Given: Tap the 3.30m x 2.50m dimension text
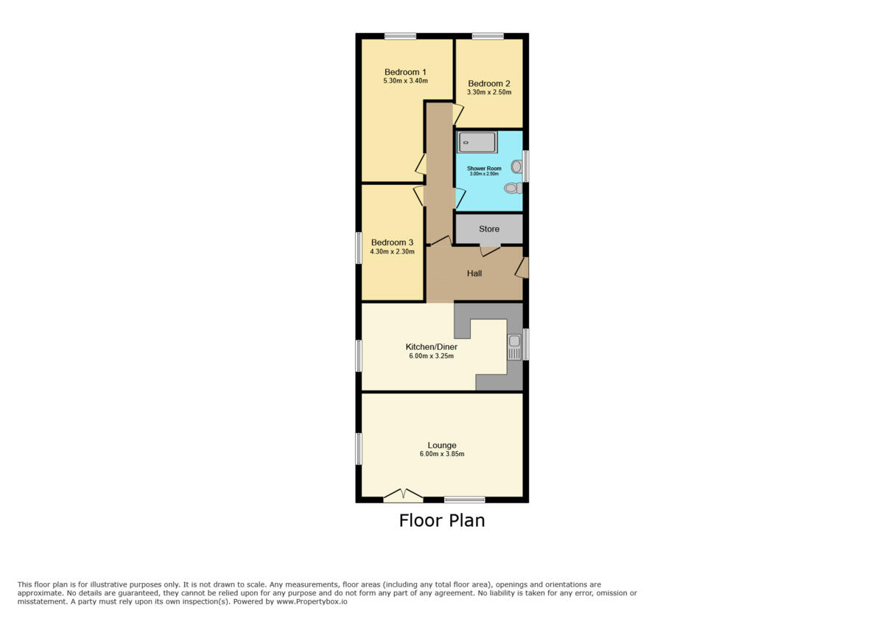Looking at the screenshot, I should [489, 93].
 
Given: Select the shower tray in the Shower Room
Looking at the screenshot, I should [477, 142].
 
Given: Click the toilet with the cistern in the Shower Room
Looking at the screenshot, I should [513, 188].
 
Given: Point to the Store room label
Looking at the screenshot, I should [489, 229].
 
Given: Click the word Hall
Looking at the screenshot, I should [474, 273].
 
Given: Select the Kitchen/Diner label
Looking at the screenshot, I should [432, 347].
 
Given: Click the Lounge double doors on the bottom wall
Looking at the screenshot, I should [402, 496].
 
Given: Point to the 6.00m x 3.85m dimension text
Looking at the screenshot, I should [442, 454].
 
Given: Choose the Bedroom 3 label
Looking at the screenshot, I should [392, 242].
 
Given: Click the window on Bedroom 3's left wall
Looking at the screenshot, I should [359, 248].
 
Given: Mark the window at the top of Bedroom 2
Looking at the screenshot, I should [488, 35].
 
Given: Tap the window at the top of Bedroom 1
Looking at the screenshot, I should [399, 35].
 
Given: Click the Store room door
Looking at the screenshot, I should [489, 250].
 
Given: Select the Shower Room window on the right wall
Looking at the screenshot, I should [525, 166].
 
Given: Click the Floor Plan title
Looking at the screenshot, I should [442, 520].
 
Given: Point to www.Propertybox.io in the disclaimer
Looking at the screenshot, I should [312, 601].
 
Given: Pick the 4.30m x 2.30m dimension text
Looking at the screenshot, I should [392, 251].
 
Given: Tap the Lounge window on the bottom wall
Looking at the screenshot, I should [465, 500].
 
